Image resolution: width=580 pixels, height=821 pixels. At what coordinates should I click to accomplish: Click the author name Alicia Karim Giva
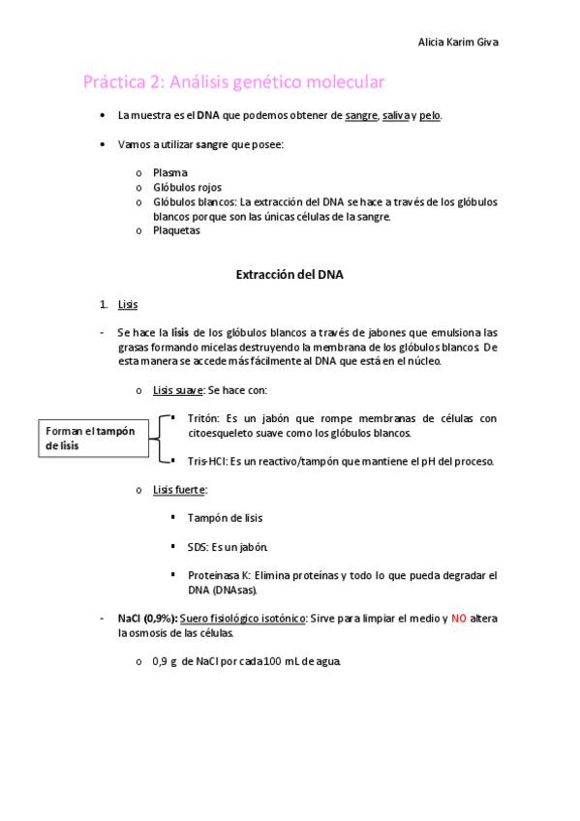[458, 43]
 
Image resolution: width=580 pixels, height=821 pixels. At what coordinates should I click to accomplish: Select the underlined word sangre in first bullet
[361, 115]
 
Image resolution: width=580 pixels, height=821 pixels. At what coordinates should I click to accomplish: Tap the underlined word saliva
[396, 115]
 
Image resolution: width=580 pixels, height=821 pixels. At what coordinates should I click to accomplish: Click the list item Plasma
[170, 172]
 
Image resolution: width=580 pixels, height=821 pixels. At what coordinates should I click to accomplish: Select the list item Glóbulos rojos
[187, 187]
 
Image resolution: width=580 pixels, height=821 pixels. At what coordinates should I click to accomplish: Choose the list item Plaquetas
[176, 230]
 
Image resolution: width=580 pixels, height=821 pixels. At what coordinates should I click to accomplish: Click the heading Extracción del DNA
[290, 275]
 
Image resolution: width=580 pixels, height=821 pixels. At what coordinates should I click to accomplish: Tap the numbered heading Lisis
[128, 304]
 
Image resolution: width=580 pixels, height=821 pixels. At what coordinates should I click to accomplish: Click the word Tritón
[203, 418]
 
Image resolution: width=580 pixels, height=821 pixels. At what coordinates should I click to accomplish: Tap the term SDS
[198, 547]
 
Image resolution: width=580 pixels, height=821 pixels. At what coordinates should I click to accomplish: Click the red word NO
[459, 618]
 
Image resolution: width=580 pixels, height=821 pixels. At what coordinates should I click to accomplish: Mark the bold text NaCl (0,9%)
[147, 618]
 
